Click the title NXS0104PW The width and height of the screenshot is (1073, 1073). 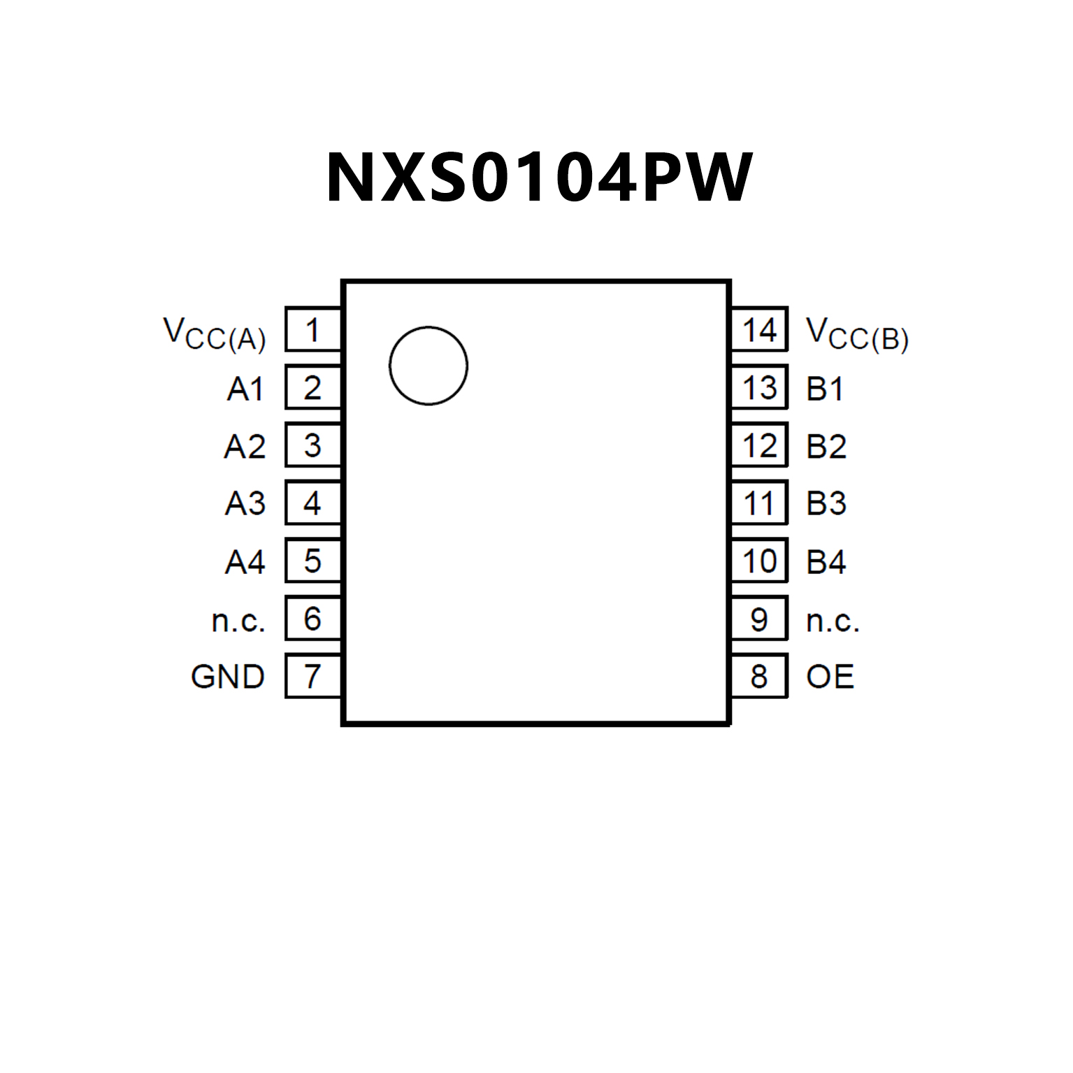point(538,178)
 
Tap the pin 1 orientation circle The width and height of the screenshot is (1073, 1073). point(428,365)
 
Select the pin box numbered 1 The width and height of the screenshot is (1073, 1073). point(312,329)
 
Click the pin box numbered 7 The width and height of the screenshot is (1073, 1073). point(312,676)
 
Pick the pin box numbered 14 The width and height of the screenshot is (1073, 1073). point(759,329)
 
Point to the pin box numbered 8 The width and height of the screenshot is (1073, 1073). point(759,676)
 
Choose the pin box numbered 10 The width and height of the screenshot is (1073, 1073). point(759,561)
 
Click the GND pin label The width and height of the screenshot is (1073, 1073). point(228,677)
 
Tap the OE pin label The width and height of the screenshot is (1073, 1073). point(830,677)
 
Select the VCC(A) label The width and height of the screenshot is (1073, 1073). point(215,333)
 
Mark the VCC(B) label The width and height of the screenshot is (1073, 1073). point(857,333)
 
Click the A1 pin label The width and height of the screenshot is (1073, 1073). point(245,389)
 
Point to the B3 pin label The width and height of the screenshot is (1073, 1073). point(826,503)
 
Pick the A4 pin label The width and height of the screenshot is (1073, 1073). point(245,562)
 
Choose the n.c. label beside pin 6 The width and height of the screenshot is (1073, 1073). point(238,620)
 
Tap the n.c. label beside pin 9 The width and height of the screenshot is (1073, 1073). point(833,620)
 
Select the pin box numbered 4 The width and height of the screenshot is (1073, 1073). point(312,503)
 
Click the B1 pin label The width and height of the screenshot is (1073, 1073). point(825,389)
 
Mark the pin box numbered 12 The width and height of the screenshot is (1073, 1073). point(759,445)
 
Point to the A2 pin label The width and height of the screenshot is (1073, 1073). point(245,447)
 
